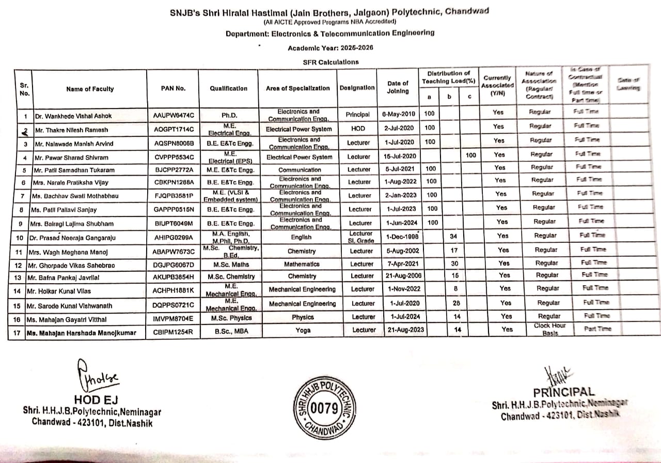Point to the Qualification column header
point(228,88)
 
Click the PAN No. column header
point(174,88)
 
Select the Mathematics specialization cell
point(302,265)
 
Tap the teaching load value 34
point(454,237)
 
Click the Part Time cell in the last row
point(597,329)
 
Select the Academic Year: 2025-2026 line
point(330,48)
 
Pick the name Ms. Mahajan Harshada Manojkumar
point(82,333)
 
